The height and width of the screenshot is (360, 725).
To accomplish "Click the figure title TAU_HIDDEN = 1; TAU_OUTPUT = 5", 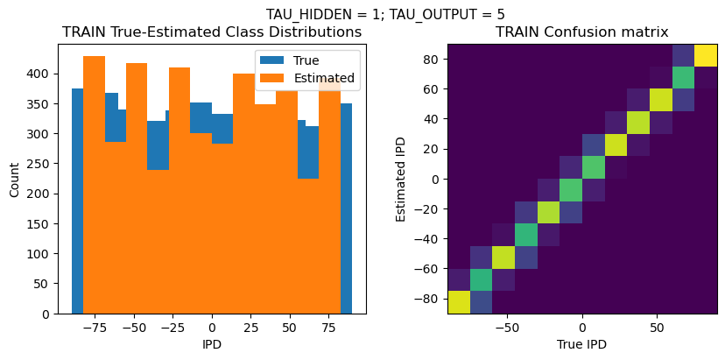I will [385, 14].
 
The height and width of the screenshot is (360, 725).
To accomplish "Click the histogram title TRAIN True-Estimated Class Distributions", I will [212, 32].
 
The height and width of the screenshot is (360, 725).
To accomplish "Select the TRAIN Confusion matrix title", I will [582, 32].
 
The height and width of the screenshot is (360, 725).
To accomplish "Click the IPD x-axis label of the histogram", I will [212, 344].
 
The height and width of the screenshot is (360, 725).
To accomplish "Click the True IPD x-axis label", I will [582, 344].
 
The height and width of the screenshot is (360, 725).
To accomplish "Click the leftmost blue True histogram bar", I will [77, 201].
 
